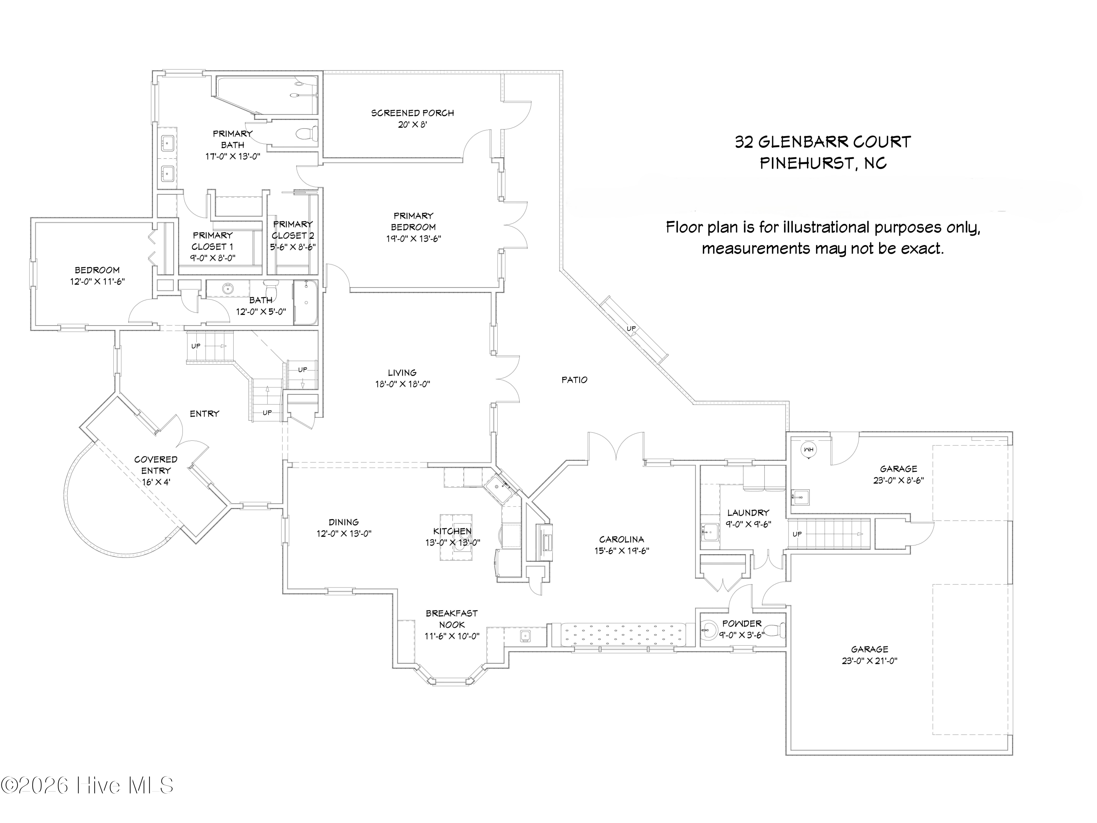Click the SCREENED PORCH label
point(412,113)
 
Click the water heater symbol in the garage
point(808,450)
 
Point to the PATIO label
point(574,380)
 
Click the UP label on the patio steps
point(631,328)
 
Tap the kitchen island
point(456,537)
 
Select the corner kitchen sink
point(500,488)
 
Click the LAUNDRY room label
point(748,512)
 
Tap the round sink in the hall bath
point(229,289)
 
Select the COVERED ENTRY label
point(156,465)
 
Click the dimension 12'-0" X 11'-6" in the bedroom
point(97,282)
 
